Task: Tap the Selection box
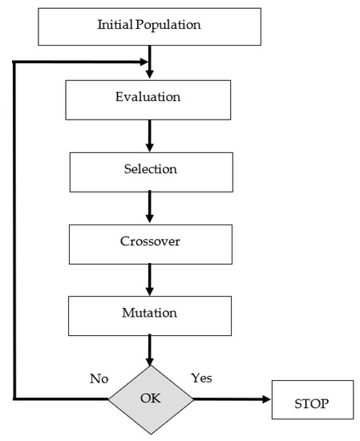(150, 171)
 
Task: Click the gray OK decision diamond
(152, 399)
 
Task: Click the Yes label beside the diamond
(201, 377)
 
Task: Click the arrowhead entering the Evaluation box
(150, 75)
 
